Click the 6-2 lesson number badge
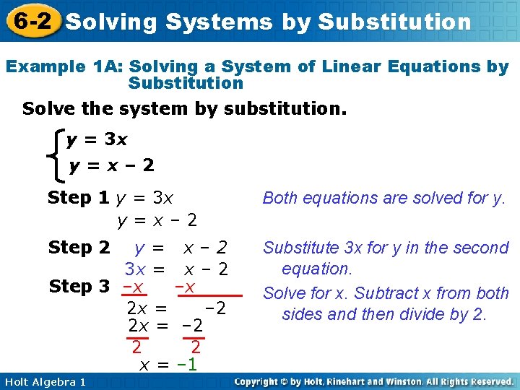click(x=30, y=21)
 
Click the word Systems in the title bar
click(x=219, y=22)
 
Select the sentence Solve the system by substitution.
click(x=184, y=110)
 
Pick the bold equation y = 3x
click(x=96, y=139)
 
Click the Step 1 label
click(x=79, y=197)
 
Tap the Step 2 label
click(x=79, y=248)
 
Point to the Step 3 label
click(x=79, y=287)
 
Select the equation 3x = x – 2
click(x=176, y=269)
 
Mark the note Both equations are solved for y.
click(x=383, y=198)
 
